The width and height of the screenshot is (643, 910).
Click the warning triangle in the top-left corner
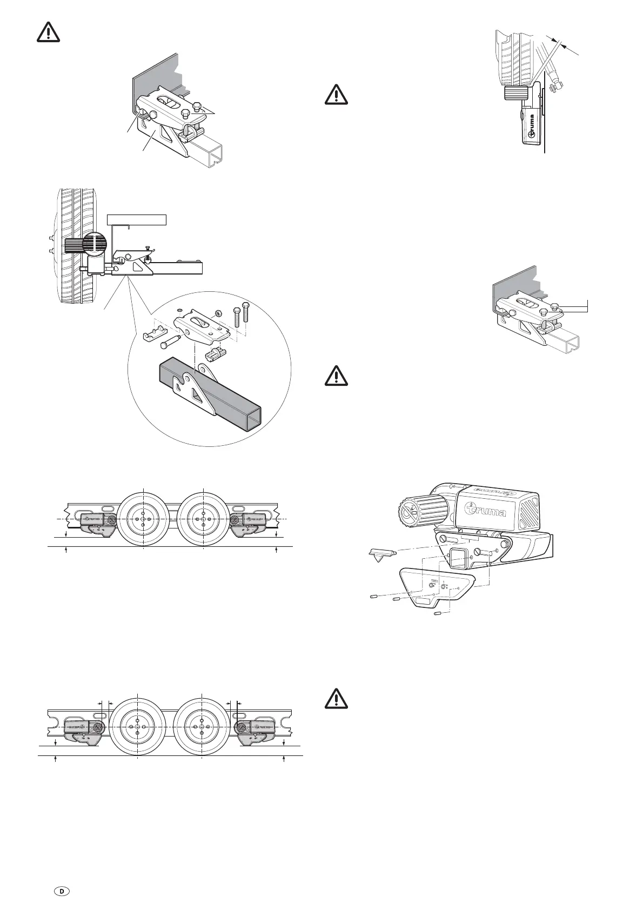pos(49,33)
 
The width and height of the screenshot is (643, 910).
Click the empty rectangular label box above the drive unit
pos(137,219)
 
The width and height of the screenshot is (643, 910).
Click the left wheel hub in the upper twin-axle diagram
pos(143,519)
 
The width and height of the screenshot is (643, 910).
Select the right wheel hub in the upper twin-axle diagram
pos(203,519)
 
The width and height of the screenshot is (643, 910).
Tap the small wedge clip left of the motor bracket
pos(383,553)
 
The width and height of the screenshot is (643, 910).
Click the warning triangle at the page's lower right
pos(337,700)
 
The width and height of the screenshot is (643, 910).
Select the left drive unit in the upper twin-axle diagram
pos(98,523)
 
